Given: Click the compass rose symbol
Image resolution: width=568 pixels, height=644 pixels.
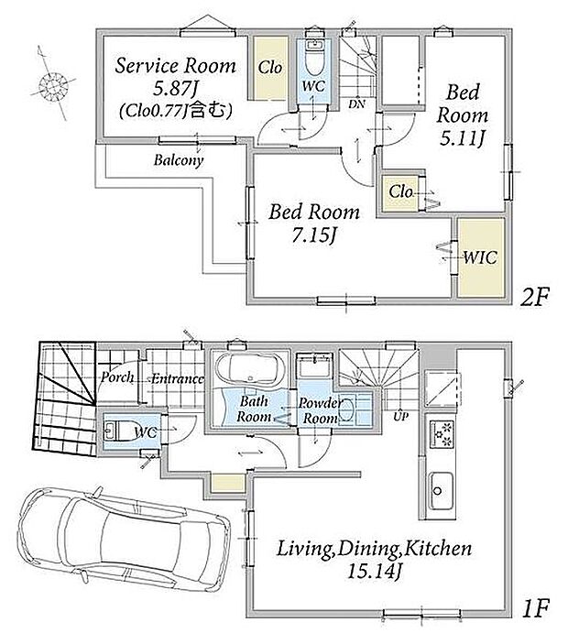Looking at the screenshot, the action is tap(52, 85).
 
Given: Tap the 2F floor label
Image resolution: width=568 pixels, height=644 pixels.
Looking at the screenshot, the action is tap(533, 298).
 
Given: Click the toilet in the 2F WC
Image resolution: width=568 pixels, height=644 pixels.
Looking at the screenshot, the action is tap(315, 58).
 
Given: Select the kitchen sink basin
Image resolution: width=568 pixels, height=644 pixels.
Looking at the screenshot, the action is tap(441, 491).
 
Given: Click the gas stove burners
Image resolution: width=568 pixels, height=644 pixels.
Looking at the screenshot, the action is tap(442, 433).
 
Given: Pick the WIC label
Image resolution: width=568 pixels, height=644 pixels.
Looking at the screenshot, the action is tap(480, 257).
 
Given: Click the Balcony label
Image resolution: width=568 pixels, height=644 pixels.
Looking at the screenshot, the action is tap(179, 159).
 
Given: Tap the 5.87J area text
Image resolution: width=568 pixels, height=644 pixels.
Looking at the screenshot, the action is tap(173, 88).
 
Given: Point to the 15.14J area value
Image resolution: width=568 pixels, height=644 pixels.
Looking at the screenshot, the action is tap(374, 571).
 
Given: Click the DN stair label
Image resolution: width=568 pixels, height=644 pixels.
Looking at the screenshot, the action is tap(356, 104).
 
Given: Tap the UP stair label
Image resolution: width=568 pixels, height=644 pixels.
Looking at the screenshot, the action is tap(401, 416).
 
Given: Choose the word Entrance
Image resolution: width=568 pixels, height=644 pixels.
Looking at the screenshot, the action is tap(178, 378).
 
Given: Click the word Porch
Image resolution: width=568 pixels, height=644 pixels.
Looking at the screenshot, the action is tap(117, 377).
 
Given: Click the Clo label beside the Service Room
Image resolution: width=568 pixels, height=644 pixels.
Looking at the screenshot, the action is tap(270, 68).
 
